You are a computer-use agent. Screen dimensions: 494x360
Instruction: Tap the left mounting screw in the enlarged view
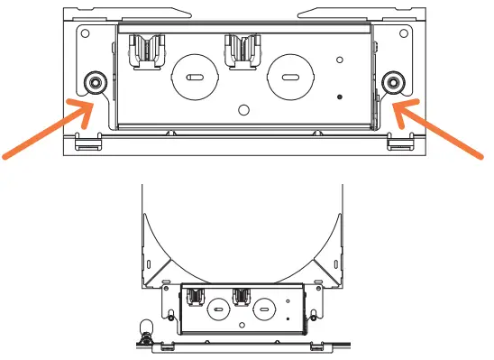94,83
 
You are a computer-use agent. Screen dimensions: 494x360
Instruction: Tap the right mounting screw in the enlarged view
392,83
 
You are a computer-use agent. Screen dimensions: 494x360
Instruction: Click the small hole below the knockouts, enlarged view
242,110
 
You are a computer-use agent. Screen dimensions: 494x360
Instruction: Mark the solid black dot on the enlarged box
339,97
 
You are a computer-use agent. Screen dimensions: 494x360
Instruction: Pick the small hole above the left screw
85,32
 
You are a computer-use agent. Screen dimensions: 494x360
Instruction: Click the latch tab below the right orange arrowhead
398,142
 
